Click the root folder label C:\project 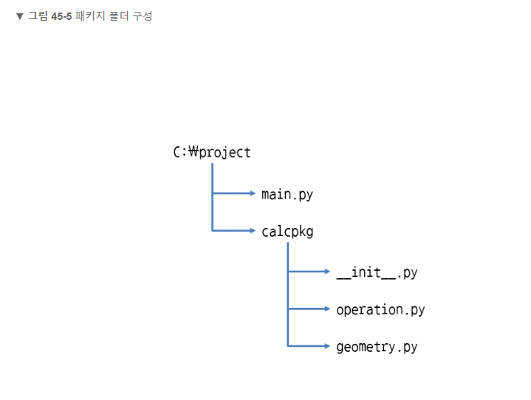[212, 153]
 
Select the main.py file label [287, 195]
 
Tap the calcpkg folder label [287, 232]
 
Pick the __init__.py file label [377, 272]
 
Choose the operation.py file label [380, 310]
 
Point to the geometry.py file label [377, 347]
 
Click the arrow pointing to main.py [233, 194]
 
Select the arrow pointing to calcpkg [233, 231]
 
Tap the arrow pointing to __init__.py [309, 272]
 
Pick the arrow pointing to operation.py [309, 309]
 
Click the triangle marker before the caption [20, 16]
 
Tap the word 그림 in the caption [38, 16]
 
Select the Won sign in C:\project [194, 153]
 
